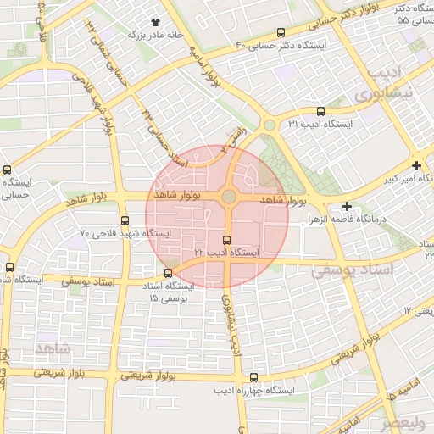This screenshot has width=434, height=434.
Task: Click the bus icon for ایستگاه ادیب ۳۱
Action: (320, 111)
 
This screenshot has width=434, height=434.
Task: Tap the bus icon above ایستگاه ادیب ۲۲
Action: (226, 240)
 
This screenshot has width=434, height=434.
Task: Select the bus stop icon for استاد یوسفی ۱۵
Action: (168, 273)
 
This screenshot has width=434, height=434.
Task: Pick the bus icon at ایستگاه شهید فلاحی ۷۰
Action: (125, 220)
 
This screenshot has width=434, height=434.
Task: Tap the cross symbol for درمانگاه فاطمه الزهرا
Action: (346, 206)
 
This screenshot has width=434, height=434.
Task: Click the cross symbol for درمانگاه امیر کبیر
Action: (415, 165)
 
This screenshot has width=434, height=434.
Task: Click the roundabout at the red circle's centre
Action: (229, 198)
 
